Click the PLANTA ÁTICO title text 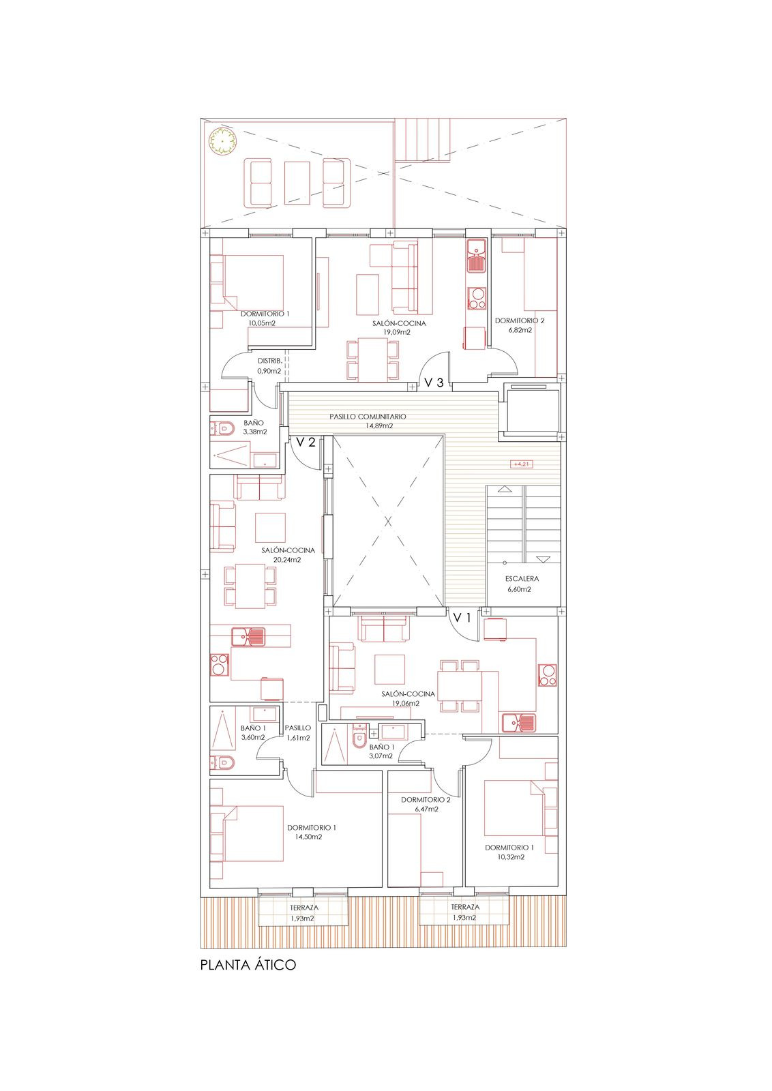click(248, 966)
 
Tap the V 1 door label click(462, 618)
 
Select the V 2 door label click(305, 442)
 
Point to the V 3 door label click(434, 383)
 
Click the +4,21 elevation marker click(521, 464)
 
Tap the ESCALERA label click(522, 579)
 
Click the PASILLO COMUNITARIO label click(368, 417)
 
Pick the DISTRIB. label click(269, 361)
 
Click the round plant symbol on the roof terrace click(223, 141)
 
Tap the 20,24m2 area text click(287, 559)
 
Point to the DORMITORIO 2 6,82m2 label click(520, 325)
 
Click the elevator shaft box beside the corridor click(531, 409)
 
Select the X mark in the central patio click(387, 522)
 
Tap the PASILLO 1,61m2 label click(298, 733)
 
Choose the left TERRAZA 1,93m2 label click(303, 912)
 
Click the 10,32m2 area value click(511, 857)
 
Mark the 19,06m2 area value click(406, 703)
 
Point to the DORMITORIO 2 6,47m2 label click(426, 804)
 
